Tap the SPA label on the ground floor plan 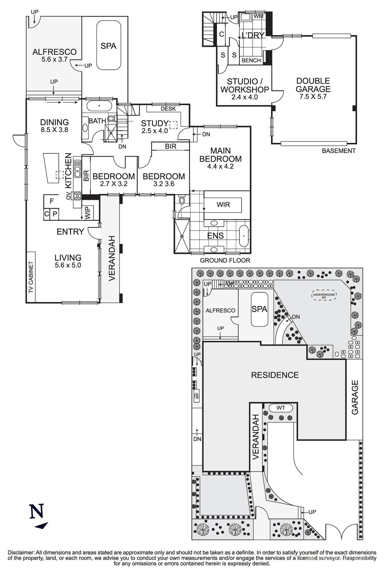point(108,46)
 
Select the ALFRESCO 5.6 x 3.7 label point(54,55)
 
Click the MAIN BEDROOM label point(220,155)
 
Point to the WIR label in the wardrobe point(223,205)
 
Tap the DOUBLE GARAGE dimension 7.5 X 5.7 point(313,97)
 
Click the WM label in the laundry point(258,16)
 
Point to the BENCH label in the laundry point(251,60)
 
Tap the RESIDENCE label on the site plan point(275,375)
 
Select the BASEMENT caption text point(338,151)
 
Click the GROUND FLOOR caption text point(225,261)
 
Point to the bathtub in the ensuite point(244,236)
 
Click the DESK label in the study point(168,108)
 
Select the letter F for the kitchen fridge point(52,201)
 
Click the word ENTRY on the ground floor point(70,232)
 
